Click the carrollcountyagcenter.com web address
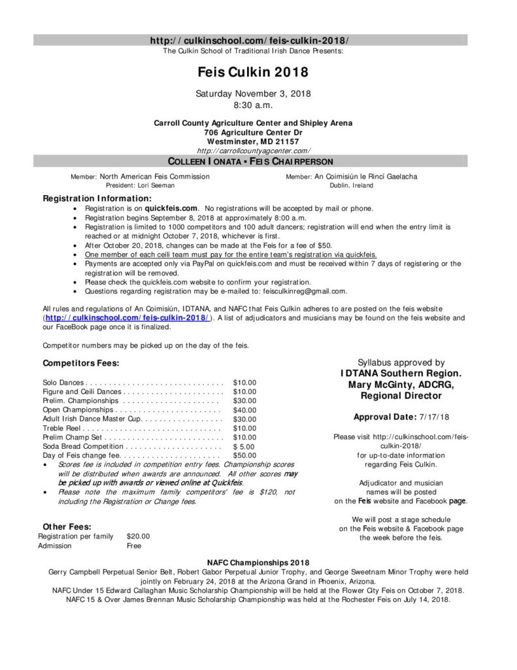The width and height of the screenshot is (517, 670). tap(253, 150)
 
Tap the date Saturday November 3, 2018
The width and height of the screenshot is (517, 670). tap(253, 94)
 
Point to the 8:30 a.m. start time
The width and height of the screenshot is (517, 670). tap(253, 104)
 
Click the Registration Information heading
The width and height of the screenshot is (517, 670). tap(97, 198)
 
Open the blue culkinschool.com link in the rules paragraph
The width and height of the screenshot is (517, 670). tap(127, 317)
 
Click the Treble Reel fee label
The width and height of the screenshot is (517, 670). tap(63, 428)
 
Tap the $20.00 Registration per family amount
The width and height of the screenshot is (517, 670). tap(138, 535)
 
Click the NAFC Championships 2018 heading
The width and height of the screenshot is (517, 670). tap(258, 562)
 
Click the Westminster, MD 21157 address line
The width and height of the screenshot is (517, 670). tap(253, 141)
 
